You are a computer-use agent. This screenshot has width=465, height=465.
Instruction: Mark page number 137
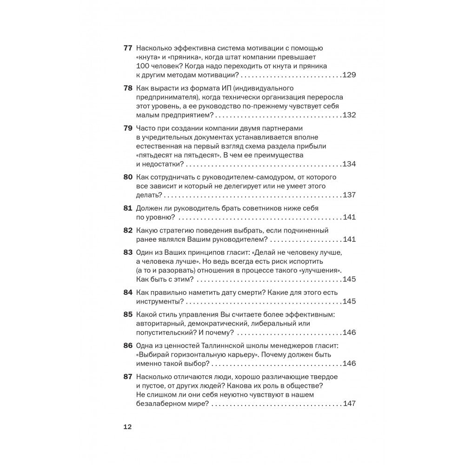(349, 195)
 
